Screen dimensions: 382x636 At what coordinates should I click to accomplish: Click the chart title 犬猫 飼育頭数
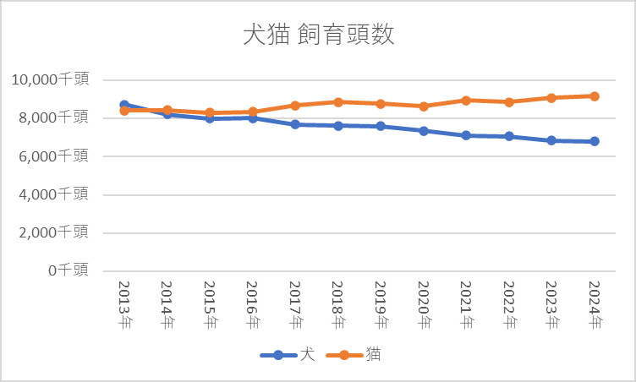(x=318, y=36)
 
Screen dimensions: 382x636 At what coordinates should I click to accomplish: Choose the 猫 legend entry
(x=355, y=355)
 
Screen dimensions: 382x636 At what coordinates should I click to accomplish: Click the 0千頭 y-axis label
(x=68, y=270)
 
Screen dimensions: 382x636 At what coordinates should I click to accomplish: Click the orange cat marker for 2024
(x=594, y=96)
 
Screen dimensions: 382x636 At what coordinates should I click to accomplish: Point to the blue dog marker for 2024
(x=594, y=141)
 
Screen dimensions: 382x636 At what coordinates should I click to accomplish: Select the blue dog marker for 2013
(x=124, y=105)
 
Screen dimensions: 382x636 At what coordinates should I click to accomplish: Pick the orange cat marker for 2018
(x=337, y=102)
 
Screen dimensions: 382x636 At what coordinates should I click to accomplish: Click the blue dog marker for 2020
(x=423, y=131)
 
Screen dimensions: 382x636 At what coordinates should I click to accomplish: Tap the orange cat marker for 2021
(x=466, y=100)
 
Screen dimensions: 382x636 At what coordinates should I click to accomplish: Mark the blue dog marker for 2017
(x=295, y=124)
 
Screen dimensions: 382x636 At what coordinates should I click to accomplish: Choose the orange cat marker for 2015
(x=210, y=112)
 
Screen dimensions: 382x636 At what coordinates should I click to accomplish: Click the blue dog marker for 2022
(x=508, y=136)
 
